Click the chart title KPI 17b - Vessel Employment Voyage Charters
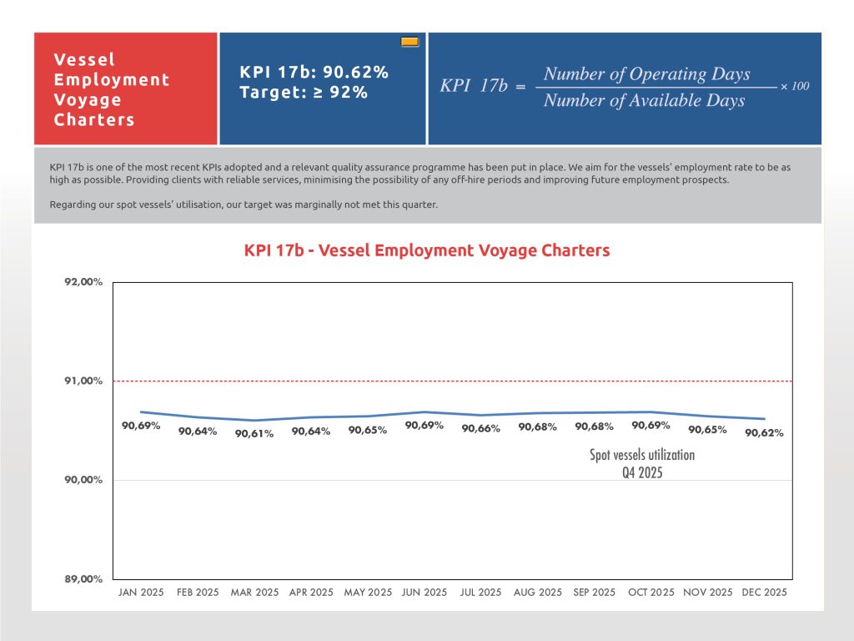[x=426, y=250]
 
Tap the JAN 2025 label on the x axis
[x=141, y=593]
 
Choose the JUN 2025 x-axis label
[x=424, y=593]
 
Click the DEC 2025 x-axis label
[x=764, y=593]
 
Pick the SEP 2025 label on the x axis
[x=595, y=593]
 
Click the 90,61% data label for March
[x=254, y=434]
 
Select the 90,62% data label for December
[x=764, y=433]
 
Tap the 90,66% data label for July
[x=481, y=429]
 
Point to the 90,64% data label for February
[x=198, y=432]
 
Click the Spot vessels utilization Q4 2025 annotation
[x=642, y=463]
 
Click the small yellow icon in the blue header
[x=409, y=42]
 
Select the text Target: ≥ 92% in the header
[x=304, y=93]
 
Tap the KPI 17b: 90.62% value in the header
[x=314, y=73]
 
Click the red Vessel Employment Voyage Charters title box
[x=126, y=89]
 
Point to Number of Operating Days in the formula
[x=646, y=74]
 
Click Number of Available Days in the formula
[x=644, y=101]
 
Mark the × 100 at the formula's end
[x=795, y=87]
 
